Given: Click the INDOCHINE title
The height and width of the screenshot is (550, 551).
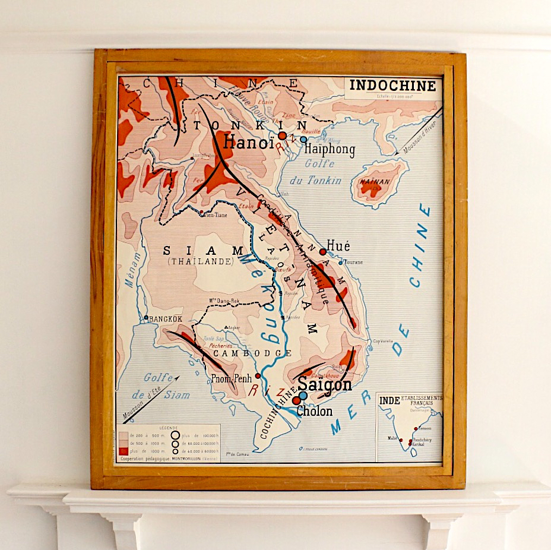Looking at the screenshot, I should click(392, 86).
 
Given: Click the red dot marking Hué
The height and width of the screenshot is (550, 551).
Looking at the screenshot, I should click(322, 252).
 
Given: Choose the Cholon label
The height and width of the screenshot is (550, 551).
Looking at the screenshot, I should click(314, 410).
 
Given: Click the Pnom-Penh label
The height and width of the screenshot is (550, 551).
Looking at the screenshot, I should click(232, 378).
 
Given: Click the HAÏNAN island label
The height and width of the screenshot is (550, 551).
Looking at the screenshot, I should click(375, 182).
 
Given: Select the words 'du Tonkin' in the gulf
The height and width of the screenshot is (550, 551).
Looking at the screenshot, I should click(316, 181).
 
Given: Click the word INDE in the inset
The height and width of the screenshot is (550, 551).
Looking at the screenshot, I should click(389, 401).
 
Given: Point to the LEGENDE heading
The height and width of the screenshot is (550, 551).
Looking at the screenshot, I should click(169, 428).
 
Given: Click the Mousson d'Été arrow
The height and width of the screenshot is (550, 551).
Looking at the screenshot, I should click(152, 398).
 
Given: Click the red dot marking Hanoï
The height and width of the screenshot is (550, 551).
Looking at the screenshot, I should click(282, 136).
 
